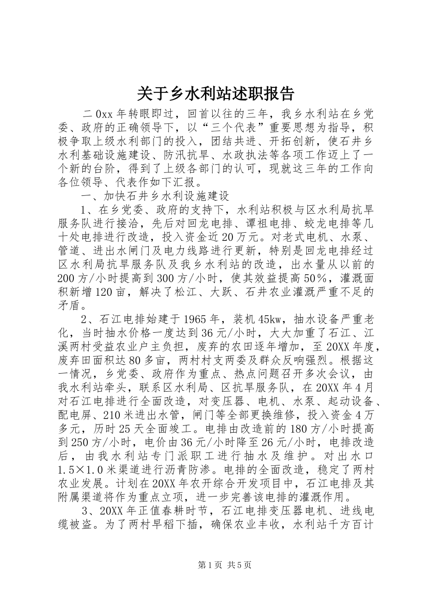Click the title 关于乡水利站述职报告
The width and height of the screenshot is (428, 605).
(x=214, y=93)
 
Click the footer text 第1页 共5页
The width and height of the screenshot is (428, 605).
(x=214, y=564)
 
